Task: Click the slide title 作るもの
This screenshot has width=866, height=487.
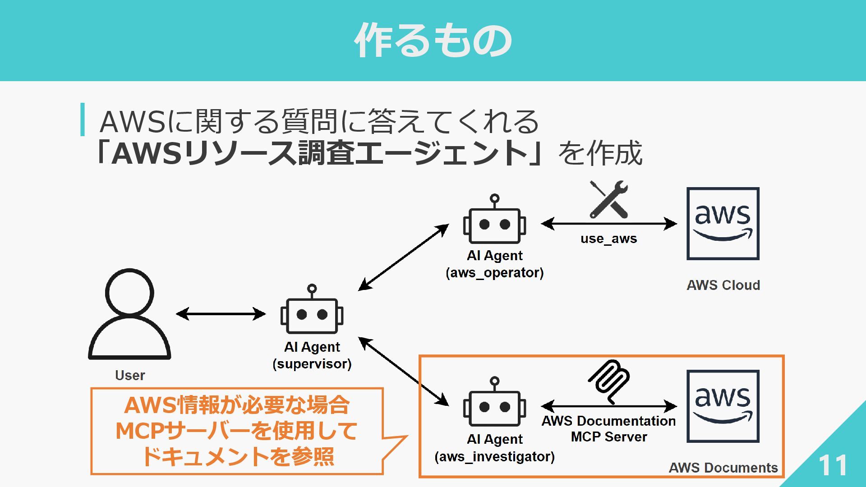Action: (433, 41)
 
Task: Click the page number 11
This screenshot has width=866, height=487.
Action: (833, 465)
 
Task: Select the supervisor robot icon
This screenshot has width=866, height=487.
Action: (312, 309)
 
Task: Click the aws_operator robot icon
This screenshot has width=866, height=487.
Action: (494, 219)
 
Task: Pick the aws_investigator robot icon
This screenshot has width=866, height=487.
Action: (494, 402)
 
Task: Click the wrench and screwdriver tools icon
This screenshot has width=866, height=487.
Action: (609, 199)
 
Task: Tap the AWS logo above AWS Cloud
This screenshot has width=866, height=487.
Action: (723, 224)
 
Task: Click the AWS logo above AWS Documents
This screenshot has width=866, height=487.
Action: (723, 406)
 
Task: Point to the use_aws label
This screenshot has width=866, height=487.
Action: (609, 239)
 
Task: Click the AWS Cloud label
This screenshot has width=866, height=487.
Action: (723, 285)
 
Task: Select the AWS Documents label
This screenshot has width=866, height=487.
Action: (723, 468)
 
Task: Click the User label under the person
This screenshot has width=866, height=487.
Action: (130, 375)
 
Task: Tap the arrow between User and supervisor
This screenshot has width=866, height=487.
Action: (221, 314)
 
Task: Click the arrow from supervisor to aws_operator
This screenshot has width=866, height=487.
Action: (404, 257)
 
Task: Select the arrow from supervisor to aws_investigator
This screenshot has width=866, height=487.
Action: (404, 372)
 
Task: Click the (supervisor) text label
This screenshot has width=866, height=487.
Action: (312, 364)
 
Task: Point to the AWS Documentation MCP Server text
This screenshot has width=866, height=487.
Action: (609, 429)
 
